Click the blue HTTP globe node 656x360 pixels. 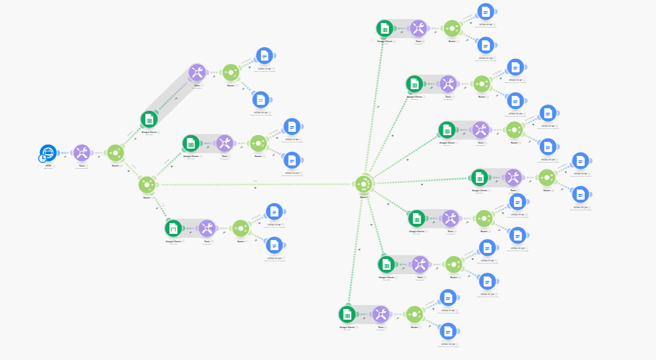pyautogui.click(x=49, y=152)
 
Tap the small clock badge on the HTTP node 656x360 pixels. pyautogui.click(x=42, y=159)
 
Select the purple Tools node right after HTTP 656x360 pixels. pyautogui.click(x=82, y=153)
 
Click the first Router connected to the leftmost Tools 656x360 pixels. pyautogui.click(x=116, y=153)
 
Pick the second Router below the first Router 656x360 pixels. pyautogui.click(x=147, y=184)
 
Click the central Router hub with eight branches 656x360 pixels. pyautogui.click(x=363, y=184)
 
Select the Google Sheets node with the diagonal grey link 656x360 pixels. pyautogui.click(x=149, y=119)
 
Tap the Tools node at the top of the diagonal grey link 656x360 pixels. pyautogui.click(x=197, y=72)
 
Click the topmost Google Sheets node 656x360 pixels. pyautogui.click(x=385, y=28)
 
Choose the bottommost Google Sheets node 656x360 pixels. pyautogui.click(x=347, y=313)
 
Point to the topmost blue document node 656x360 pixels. pyautogui.click(x=486, y=11)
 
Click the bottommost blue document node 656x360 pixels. pyautogui.click(x=447, y=331)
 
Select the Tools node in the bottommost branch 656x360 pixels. pyautogui.click(x=381, y=313)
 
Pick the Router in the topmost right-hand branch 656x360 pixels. pyautogui.click(x=452, y=28)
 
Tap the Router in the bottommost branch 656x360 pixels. pyautogui.click(x=414, y=313)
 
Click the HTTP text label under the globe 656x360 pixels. pyautogui.click(x=48, y=165)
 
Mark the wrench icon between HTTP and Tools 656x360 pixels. pyautogui.click(x=66, y=157)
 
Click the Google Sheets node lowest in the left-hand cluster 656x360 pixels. pyautogui.click(x=173, y=228)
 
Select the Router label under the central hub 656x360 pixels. pyautogui.click(x=363, y=197)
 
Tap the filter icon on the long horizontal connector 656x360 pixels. pyautogui.click(x=256, y=188)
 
